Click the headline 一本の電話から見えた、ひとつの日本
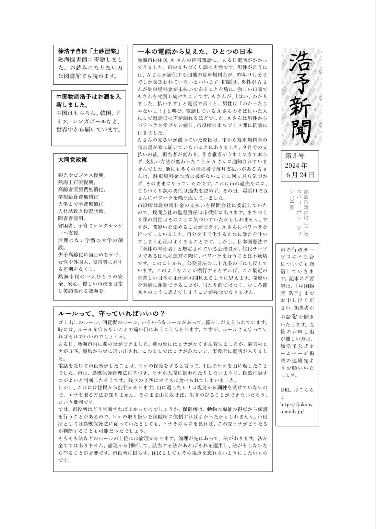click(x=195, y=52)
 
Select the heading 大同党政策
click(x=72, y=160)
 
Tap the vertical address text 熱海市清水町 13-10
click(x=306, y=212)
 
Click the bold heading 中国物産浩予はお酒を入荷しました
click(x=88, y=100)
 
